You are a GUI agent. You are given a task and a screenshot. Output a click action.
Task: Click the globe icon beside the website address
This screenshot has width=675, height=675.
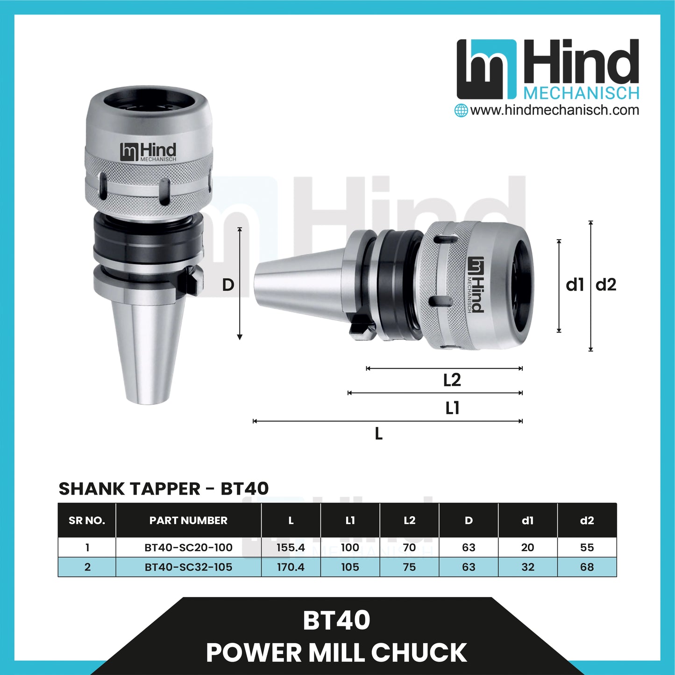click(461, 111)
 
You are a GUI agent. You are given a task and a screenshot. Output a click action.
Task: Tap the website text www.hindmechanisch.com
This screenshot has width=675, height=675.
click(554, 110)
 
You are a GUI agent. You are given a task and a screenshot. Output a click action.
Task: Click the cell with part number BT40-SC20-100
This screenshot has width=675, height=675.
click(188, 547)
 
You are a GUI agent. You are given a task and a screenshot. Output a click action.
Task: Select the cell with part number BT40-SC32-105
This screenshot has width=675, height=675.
click(188, 567)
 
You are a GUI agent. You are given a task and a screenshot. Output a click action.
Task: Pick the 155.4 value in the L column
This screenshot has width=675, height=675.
click(291, 547)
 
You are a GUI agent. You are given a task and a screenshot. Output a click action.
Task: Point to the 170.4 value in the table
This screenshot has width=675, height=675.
click(291, 567)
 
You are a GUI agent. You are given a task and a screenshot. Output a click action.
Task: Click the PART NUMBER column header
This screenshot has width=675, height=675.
click(188, 520)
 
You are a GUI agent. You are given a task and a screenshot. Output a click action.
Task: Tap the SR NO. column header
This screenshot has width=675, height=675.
click(87, 520)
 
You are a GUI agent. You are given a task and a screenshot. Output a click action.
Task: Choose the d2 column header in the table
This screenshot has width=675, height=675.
click(587, 520)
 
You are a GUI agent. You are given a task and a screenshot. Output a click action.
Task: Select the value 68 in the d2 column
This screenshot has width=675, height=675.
click(587, 567)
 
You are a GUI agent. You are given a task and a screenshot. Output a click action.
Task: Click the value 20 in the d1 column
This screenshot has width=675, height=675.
click(527, 547)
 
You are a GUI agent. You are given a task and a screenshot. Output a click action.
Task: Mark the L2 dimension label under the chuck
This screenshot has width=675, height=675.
click(452, 380)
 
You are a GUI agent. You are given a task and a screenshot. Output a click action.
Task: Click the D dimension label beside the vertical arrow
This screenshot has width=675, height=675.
click(228, 285)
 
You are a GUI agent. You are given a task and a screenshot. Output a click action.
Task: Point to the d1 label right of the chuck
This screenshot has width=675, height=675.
click(575, 285)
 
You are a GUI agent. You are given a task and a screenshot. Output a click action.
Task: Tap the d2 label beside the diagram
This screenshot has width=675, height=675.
click(606, 285)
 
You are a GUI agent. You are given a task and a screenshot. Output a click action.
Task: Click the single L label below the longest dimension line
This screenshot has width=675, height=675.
click(379, 434)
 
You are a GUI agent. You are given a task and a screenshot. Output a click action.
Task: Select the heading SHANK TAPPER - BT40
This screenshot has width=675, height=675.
click(163, 489)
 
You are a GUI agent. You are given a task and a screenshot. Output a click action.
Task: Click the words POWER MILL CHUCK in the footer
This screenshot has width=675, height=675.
click(336, 653)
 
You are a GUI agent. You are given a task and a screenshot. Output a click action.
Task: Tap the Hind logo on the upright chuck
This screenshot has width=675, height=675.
click(148, 152)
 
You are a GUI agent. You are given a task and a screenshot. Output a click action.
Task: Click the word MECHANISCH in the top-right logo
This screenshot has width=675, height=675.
click(581, 93)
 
